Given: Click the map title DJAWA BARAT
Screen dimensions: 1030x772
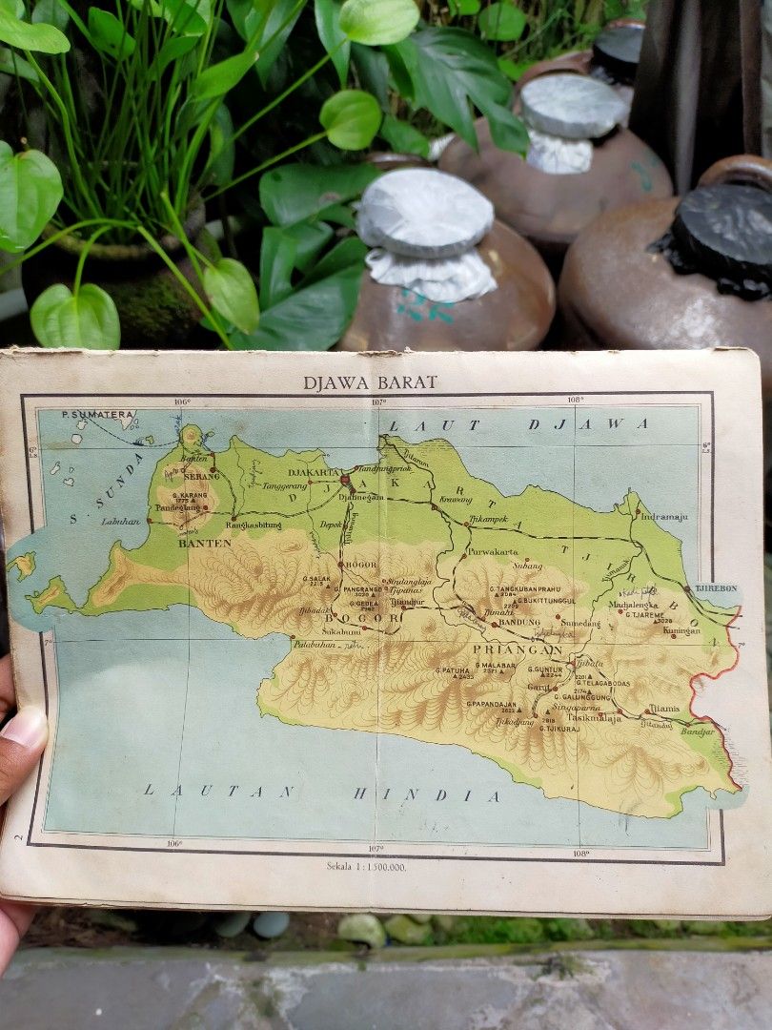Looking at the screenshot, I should (x=370, y=382).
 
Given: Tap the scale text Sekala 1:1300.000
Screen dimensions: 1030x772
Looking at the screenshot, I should (x=367, y=867).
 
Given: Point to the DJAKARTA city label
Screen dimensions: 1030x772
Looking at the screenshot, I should (x=314, y=472).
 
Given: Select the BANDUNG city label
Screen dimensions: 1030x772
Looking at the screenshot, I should (x=518, y=623).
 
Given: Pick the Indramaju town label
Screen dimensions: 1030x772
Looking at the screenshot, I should (x=663, y=516).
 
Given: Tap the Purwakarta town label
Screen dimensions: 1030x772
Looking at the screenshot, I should (x=493, y=551).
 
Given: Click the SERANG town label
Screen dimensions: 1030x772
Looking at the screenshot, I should (x=202, y=475).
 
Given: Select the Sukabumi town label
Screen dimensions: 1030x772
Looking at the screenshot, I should (x=341, y=630).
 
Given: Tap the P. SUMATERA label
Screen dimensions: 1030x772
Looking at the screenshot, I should (x=97, y=415).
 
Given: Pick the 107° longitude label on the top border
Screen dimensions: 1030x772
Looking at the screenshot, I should (x=377, y=402).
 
